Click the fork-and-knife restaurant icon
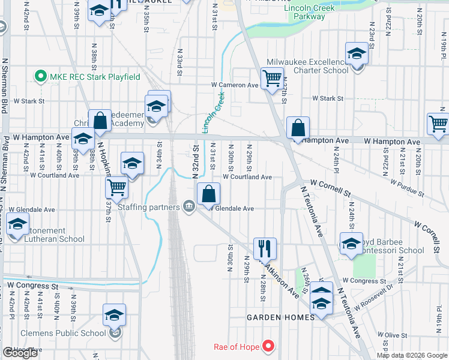click(265, 247)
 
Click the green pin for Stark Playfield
click(41, 77)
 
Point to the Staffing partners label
click(149, 208)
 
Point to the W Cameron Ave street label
click(236, 85)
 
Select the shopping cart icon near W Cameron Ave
click(273, 78)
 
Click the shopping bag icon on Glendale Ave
click(208, 193)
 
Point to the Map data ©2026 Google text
click(412, 355)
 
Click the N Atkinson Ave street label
click(280, 277)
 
